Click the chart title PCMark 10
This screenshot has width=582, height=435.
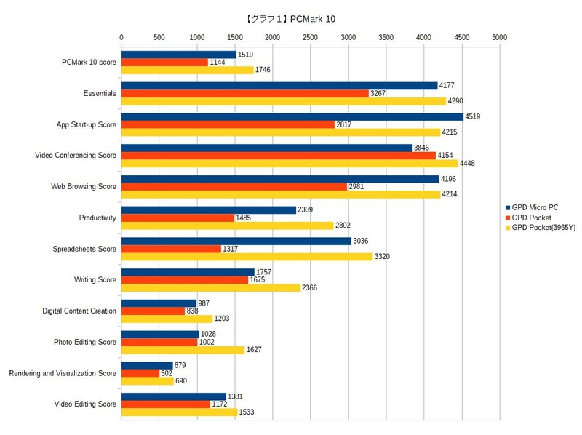tap(291, 18)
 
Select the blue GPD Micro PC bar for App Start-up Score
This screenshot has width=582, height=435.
tap(292, 116)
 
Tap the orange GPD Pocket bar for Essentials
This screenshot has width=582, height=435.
tap(244, 93)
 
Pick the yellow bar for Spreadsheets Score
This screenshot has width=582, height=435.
tap(247, 257)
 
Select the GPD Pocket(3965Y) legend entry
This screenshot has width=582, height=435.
tap(543, 228)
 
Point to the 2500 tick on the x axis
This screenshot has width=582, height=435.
tap(311, 36)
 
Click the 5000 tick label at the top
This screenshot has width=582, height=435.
tap(500, 36)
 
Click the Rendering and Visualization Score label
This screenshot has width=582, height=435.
tap(63, 373)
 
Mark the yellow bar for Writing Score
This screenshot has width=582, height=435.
tap(211, 288)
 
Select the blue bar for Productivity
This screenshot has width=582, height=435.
tap(208, 209)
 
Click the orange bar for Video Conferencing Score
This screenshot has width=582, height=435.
tap(278, 156)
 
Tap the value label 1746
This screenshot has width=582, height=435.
tap(263, 71)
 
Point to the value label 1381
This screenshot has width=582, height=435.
tap(235, 396)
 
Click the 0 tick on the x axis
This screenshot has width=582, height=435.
tap(121, 36)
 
